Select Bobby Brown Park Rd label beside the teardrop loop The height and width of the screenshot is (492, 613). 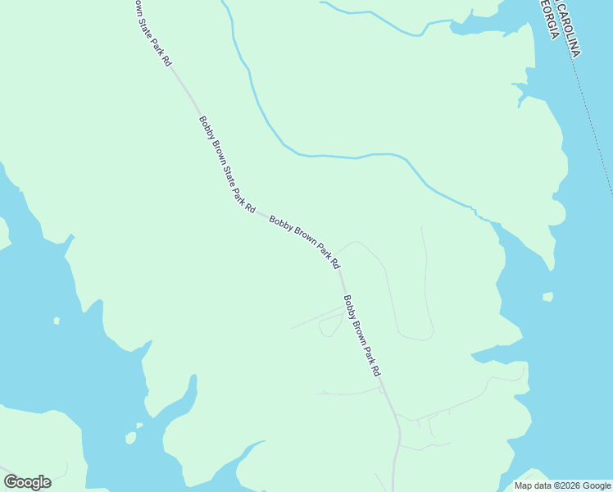click(362, 335)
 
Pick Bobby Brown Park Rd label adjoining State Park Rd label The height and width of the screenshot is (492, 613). click(304, 243)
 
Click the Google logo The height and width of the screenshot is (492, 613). click(27, 482)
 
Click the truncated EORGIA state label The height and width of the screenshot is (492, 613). click(549, 18)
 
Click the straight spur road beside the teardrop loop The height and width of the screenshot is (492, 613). click(316, 319)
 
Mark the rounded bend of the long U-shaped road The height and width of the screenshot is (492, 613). click(415, 336)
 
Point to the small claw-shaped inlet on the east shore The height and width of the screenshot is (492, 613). click(520, 92)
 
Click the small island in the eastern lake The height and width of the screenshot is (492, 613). click(547, 296)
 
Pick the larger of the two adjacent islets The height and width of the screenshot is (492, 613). click(130, 438)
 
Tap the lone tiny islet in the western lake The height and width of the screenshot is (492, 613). click(56, 321)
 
